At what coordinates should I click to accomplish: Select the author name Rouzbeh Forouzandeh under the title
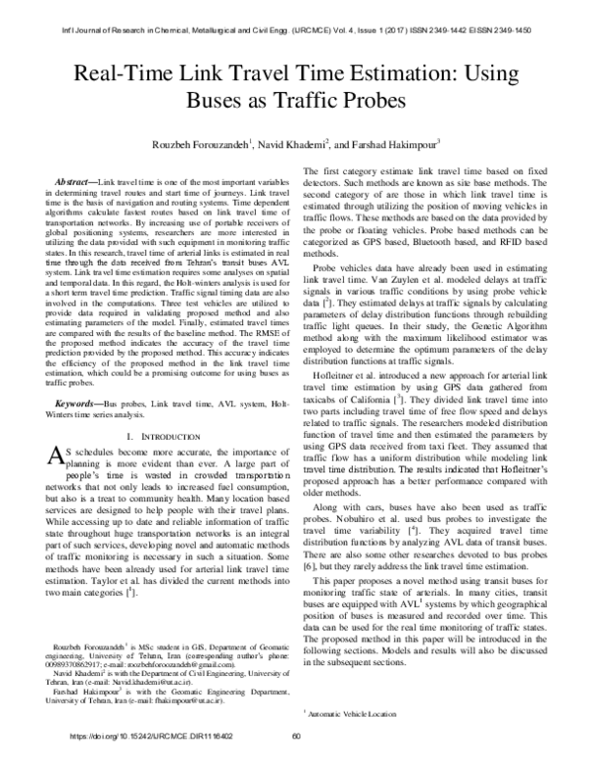[202, 145]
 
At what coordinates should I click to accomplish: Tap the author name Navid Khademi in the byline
[291, 145]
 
